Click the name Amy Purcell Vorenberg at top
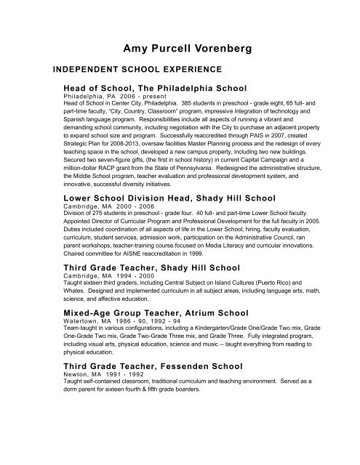point(179,49)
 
